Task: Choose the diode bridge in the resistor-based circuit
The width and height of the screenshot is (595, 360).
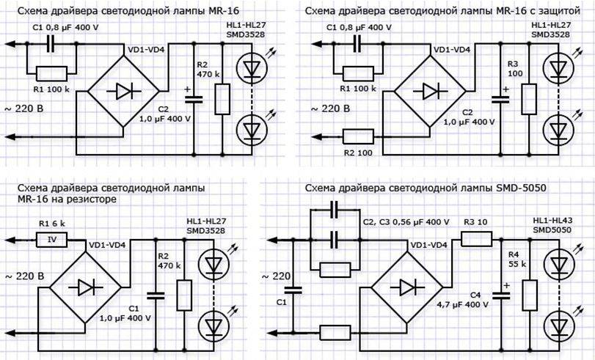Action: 79,287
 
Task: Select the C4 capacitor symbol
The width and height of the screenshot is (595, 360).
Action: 502,293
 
